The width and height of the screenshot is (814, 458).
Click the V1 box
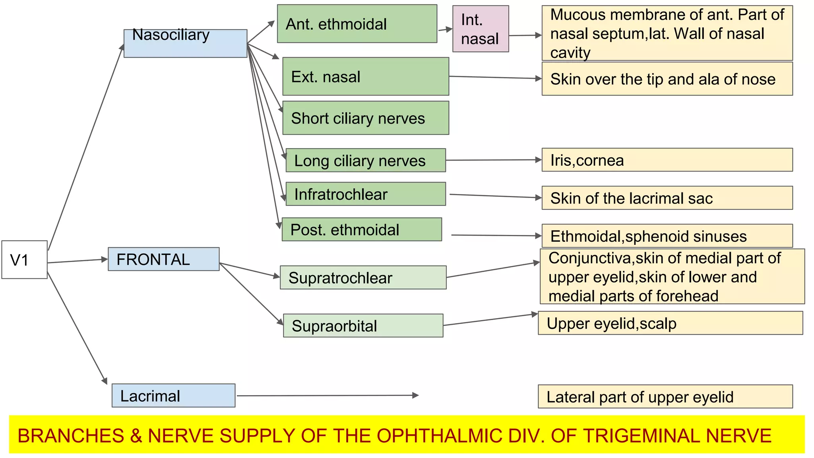[24, 260]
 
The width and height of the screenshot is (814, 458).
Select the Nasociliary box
[185, 43]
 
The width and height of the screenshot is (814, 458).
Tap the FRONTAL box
[163, 259]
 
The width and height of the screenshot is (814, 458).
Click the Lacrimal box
[173, 396]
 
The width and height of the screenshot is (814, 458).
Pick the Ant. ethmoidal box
[357, 24]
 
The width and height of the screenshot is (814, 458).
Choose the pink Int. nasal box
[481, 29]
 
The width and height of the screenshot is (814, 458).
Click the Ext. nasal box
[366, 76]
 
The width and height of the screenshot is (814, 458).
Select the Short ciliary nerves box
[366, 118]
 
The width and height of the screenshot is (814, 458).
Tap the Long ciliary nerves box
[366, 160]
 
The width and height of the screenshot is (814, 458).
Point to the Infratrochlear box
[366, 194]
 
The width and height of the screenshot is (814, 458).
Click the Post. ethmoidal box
[362, 229]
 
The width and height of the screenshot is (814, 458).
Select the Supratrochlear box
[363, 278]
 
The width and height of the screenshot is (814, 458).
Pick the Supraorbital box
[363, 326]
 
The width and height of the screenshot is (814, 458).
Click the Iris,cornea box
[667, 160]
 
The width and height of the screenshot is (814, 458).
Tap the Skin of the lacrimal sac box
[667, 198]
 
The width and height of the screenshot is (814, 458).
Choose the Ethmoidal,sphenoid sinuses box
[667, 236]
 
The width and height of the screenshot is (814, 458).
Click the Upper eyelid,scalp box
[670, 323]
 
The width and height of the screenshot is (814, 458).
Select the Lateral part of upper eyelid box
[665, 396]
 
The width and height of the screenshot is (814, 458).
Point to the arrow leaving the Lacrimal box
[328, 396]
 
